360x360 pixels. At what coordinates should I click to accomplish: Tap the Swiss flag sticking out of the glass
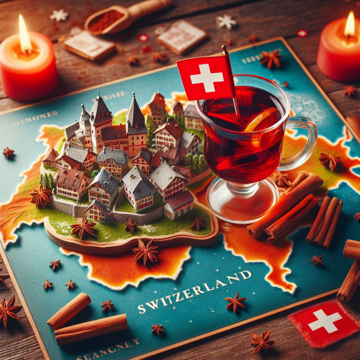point(206,78)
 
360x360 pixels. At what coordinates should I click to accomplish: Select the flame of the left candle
point(24,36)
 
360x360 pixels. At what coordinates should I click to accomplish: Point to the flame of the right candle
point(350,26)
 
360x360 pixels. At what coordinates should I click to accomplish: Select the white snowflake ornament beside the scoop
point(59,15)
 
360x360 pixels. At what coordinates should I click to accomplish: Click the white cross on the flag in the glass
point(206,78)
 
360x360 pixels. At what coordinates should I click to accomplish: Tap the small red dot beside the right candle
point(302,34)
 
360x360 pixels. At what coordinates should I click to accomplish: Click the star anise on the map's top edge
point(271,59)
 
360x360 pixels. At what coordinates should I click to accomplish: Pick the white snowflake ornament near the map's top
point(226,22)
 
